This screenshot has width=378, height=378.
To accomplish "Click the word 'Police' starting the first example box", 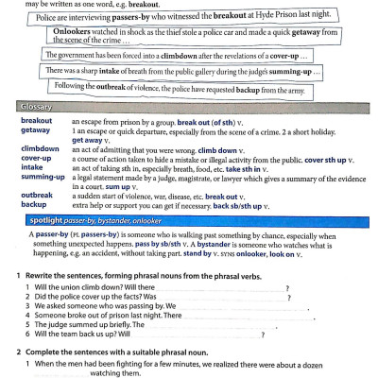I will pos(43,17).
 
